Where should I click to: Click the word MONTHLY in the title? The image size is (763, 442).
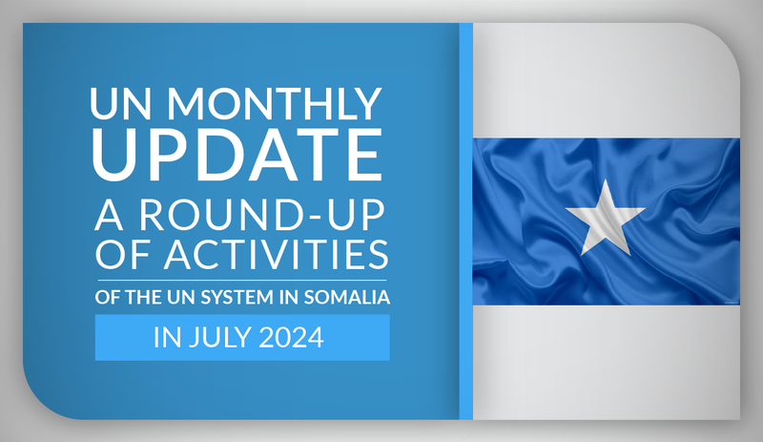(274, 103)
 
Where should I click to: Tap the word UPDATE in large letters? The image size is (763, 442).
(237, 155)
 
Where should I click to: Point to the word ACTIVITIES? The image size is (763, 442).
(276, 254)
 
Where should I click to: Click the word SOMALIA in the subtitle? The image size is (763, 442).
(347, 297)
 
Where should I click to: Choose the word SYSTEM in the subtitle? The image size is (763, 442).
(237, 297)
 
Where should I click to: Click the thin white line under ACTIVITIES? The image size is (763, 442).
(242, 281)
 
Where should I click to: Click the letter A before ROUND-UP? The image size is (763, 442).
(109, 215)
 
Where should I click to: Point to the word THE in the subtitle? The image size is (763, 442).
(139, 297)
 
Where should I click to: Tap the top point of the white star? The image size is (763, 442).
(606, 179)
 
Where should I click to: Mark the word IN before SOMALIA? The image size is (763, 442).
(289, 297)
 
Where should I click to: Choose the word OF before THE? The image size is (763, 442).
(108, 297)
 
